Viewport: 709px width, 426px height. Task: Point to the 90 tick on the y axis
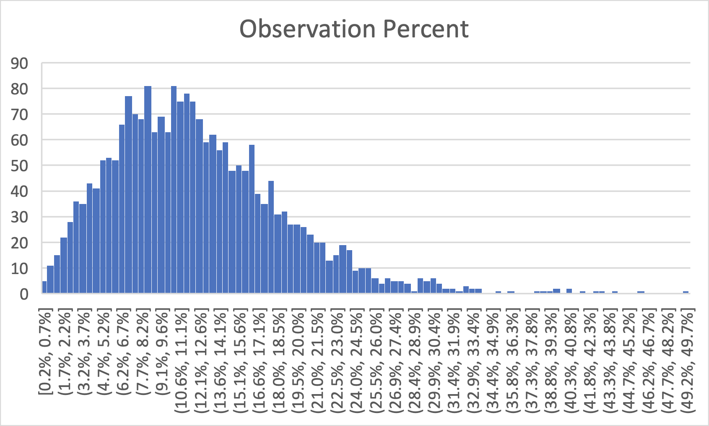[20, 64]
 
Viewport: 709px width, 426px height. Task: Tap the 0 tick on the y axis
[24, 294]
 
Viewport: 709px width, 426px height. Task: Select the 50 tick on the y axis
[20, 166]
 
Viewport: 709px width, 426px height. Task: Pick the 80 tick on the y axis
[20, 89]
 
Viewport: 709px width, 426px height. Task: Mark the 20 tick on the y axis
[20, 243]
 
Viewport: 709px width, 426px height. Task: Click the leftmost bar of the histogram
[44, 287]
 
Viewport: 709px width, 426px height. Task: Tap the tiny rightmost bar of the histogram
[686, 292]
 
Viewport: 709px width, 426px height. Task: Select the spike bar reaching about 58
[252, 218]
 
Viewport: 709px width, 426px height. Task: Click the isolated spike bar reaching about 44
[271, 237]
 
